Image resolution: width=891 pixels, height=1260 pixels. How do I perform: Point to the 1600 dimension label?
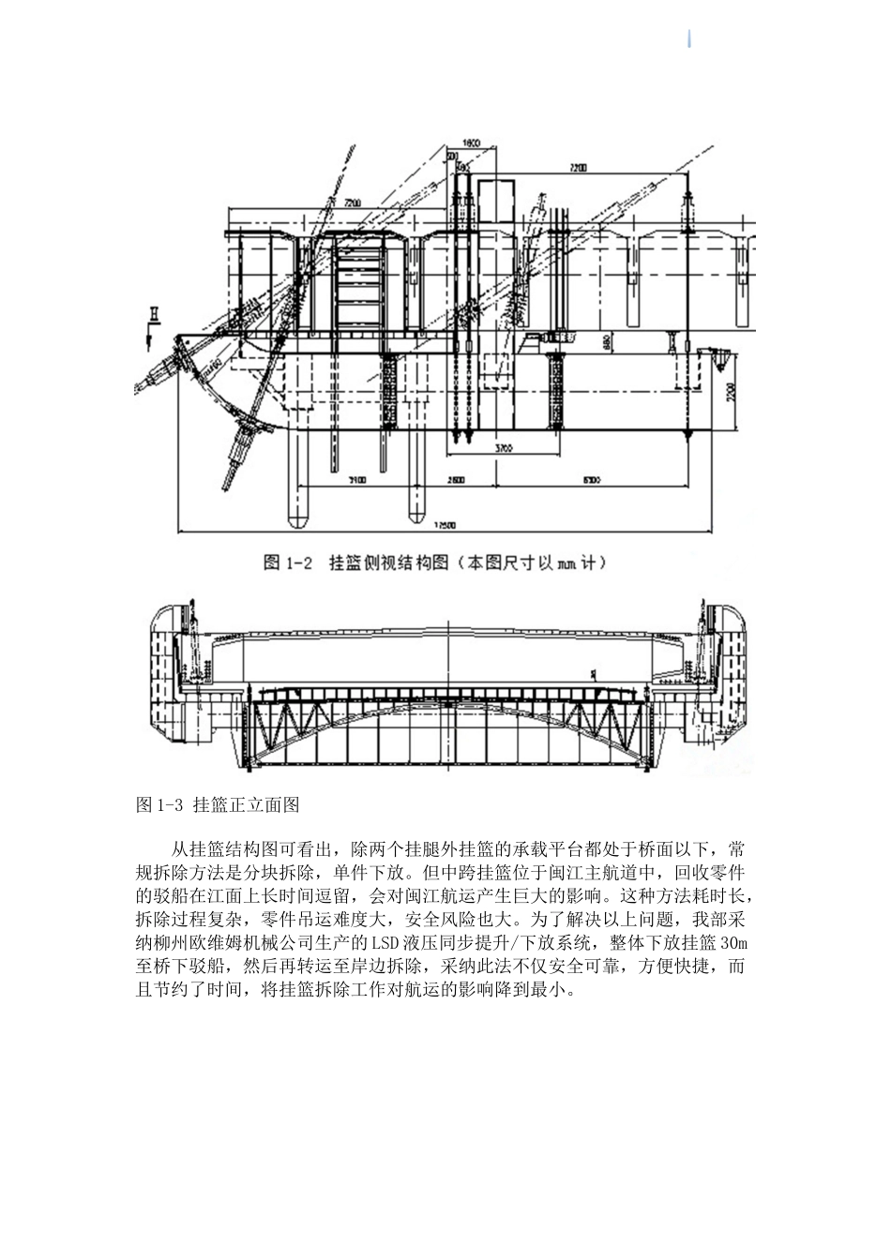pyautogui.click(x=471, y=142)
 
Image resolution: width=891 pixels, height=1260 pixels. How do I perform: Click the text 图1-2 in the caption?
pyautogui.click(x=287, y=562)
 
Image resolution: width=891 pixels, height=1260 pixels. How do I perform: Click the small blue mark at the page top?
pyautogui.click(x=690, y=38)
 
